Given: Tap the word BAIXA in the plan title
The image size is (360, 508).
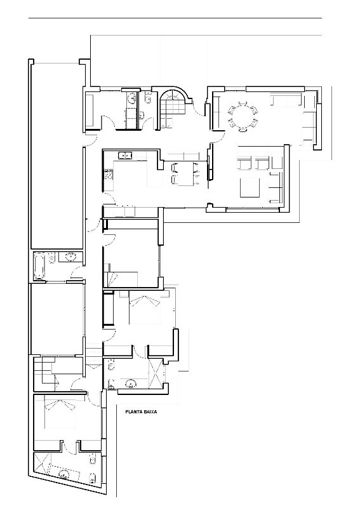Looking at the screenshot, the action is (x=151, y=412).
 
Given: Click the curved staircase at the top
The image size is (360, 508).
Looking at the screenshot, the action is (x=173, y=109).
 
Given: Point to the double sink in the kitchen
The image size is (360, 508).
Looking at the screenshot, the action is (x=125, y=156).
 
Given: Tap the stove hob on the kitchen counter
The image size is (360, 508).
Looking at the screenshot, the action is (x=108, y=175).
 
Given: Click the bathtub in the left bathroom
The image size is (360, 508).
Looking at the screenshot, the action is (x=39, y=266).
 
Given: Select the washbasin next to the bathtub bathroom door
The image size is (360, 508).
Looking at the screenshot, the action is (x=70, y=257).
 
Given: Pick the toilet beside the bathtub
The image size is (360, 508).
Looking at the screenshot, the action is (x=52, y=259).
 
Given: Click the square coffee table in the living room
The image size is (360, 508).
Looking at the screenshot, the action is (x=250, y=187).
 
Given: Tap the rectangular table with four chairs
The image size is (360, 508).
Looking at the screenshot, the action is (x=185, y=173).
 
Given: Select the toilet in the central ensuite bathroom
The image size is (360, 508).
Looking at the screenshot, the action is (x=111, y=365).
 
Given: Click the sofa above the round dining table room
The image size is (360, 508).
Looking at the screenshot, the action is (x=286, y=100).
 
